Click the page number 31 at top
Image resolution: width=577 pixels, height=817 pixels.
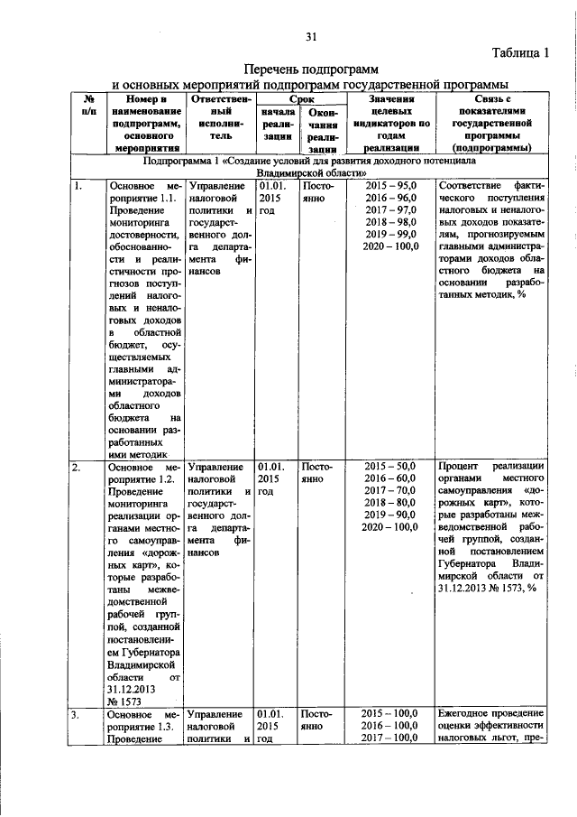click(313, 36)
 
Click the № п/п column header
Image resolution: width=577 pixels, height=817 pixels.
click(89, 107)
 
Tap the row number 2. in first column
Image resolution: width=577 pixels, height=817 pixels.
click(78, 467)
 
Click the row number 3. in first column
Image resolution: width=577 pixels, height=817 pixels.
click(78, 713)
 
